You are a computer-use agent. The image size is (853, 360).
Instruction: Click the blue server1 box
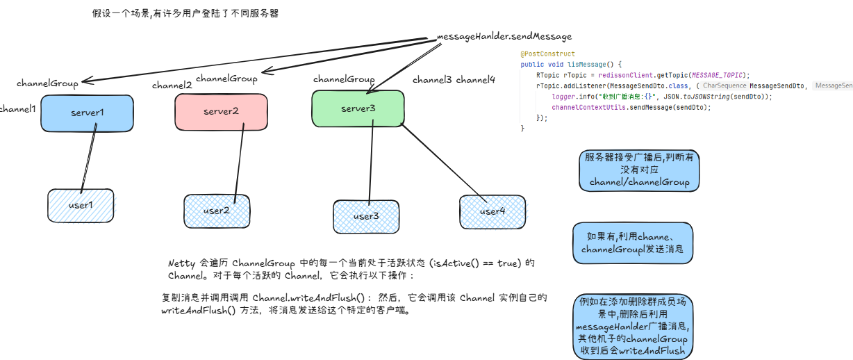point(87,113)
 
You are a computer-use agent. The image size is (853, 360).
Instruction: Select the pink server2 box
point(220,111)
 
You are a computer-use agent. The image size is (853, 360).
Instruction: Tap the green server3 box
point(358,109)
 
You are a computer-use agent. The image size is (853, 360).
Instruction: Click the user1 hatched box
point(81,205)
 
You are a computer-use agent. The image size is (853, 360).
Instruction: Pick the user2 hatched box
point(216,211)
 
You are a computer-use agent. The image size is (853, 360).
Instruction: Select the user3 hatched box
point(365,216)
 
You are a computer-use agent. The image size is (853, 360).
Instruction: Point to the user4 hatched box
point(492,211)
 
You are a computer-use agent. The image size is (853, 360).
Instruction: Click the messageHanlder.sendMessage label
point(504,36)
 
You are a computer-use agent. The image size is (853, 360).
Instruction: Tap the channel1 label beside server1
point(17,109)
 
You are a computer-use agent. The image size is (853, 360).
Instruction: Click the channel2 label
point(172,85)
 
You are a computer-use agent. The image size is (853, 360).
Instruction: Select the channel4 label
point(476,80)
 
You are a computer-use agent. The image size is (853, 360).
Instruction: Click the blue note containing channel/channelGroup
point(639,170)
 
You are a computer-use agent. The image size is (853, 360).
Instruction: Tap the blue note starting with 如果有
point(633,243)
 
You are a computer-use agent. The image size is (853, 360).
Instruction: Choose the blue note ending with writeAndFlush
point(631,327)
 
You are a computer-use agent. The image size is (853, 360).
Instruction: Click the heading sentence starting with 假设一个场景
point(185,13)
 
